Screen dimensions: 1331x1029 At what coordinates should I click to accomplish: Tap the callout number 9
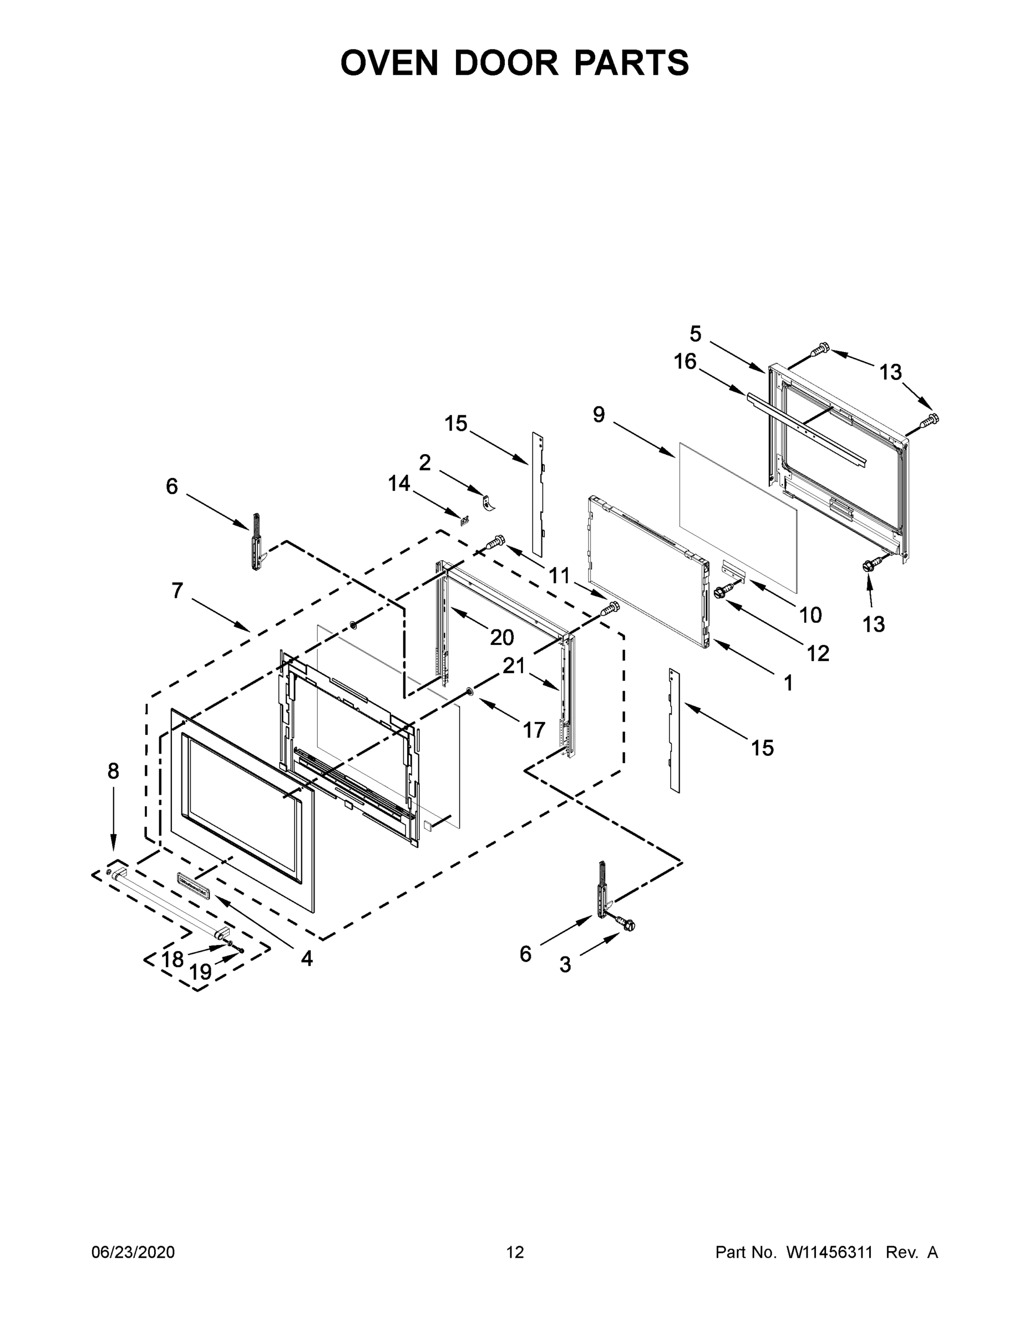tap(599, 415)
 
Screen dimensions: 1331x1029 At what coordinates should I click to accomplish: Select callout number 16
tap(685, 362)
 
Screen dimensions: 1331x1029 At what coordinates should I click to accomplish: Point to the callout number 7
tap(177, 591)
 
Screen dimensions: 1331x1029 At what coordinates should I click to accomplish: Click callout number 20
tap(501, 637)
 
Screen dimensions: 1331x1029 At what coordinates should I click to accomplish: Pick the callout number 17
tap(534, 729)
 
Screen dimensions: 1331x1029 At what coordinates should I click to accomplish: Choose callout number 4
tap(307, 959)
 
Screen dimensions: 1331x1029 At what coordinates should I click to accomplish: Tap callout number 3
tap(565, 965)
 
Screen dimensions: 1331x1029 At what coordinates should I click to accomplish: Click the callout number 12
tap(818, 653)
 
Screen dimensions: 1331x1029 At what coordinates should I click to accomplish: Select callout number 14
tap(399, 484)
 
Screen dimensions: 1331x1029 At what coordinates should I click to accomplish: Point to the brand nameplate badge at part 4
tap(193, 886)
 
